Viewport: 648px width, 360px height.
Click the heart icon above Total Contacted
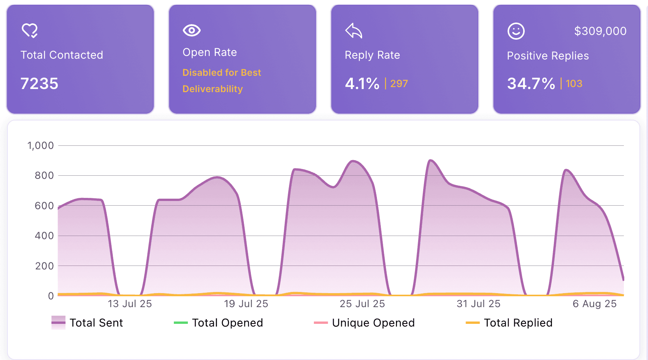[30, 31]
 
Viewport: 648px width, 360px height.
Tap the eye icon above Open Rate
[191, 30]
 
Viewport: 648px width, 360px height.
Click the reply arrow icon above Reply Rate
[354, 31]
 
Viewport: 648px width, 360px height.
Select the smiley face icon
[516, 31]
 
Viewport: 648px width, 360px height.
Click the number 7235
[39, 84]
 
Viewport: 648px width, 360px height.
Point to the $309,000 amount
[600, 31]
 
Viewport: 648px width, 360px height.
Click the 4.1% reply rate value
[362, 84]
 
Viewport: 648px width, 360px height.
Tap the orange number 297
[399, 84]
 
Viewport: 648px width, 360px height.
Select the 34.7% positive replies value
[531, 84]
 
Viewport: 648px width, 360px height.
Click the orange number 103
[574, 84]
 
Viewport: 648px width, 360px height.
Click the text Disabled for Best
[222, 73]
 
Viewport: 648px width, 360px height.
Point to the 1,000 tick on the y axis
[40, 146]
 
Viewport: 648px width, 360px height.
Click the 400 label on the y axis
[44, 236]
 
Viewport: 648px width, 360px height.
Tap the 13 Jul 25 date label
[130, 304]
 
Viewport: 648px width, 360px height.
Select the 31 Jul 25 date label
[478, 304]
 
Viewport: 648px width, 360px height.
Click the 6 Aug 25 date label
[594, 304]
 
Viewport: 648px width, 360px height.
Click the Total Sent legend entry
[96, 323]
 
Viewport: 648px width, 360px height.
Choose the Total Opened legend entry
[227, 323]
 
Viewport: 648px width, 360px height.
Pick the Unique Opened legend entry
[373, 323]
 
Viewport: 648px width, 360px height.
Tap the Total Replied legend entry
[518, 323]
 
